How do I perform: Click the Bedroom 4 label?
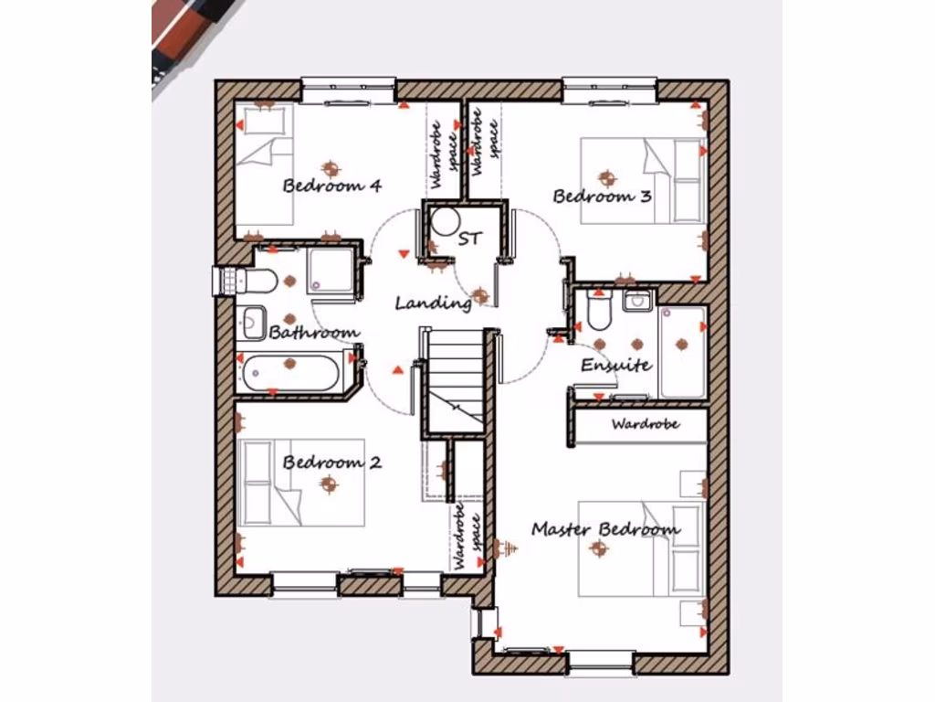(x=331, y=186)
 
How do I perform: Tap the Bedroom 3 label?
(x=602, y=196)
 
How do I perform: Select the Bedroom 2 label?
(x=331, y=462)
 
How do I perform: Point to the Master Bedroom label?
(x=605, y=529)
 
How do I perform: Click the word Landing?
(x=433, y=303)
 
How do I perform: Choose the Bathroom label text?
(x=314, y=332)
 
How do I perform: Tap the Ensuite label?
(x=616, y=366)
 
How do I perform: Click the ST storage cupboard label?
(x=469, y=239)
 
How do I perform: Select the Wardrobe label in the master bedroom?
(x=645, y=424)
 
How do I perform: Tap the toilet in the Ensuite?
(x=599, y=314)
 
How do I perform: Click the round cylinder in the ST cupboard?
(x=446, y=222)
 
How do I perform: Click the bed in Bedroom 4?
(x=265, y=165)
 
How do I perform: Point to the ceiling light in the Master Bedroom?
(x=599, y=548)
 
